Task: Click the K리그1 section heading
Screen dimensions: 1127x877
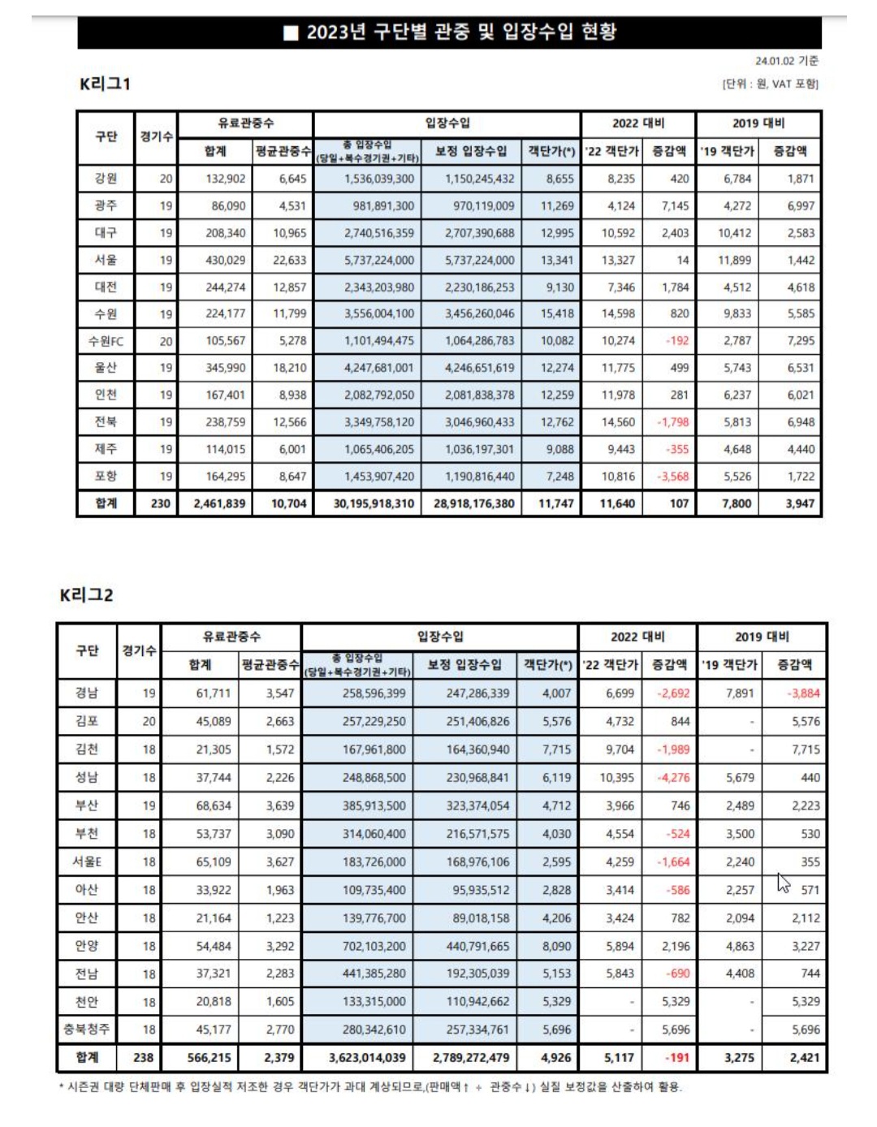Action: (x=105, y=84)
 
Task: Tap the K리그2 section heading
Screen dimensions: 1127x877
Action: (x=86, y=595)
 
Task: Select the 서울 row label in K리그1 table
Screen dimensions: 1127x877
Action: (x=106, y=260)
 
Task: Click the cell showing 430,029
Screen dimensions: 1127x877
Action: (x=225, y=260)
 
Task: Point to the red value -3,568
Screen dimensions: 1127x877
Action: (x=672, y=477)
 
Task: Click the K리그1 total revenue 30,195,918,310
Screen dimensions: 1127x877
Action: (x=374, y=503)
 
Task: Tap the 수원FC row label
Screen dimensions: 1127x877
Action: (x=106, y=341)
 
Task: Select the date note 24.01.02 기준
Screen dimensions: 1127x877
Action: (x=786, y=61)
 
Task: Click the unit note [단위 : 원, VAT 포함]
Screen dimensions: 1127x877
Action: (x=770, y=84)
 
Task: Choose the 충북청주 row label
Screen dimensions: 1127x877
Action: (x=87, y=1029)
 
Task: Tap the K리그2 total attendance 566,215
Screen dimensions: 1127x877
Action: (x=209, y=1057)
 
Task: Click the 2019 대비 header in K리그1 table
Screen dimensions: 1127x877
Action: (x=758, y=123)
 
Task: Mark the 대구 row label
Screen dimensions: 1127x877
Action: (x=106, y=233)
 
